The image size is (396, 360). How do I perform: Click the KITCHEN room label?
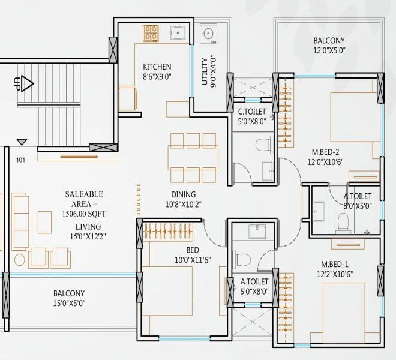click(x=157, y=67)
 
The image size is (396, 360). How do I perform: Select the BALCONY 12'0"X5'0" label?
click(x=328, y=41)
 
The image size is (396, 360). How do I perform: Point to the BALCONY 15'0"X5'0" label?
click(x=68, y=293)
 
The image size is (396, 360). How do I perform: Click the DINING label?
click(x=183, y=194)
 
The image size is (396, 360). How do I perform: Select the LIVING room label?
click(x=88, y=226)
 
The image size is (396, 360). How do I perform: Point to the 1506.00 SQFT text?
click(x=84, y=214)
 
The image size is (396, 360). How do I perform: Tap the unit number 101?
click(x=21, y=160)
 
